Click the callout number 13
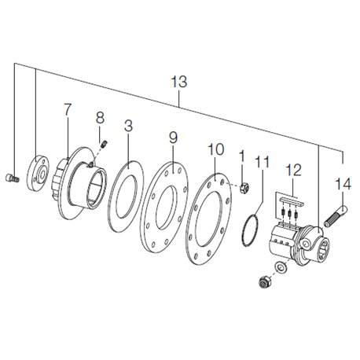[x=179, y=82]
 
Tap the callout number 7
[x=68, y=110]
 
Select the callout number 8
[x=100, y=118]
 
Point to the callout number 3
[x=128, y=126]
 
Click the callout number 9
[x=173, y=138]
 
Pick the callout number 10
[x=216, y=149]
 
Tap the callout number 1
[x=242, y=156]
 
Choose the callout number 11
[x=262, y=162]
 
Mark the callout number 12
[x=294, y=171]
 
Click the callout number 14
[x=343, y=184]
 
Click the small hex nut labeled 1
[x=244, y=188]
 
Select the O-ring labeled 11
[x=249, y=230]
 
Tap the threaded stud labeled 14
[x=336, y=216]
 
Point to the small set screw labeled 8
[x=105, y=144]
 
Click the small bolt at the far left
[x=12, y=178]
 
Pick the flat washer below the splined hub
[x=281, y=266]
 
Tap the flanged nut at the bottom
[x=265, y=281]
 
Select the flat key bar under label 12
[x=292, y=201]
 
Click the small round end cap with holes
[x=38, y=172]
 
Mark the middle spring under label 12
[x=289, y=213]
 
